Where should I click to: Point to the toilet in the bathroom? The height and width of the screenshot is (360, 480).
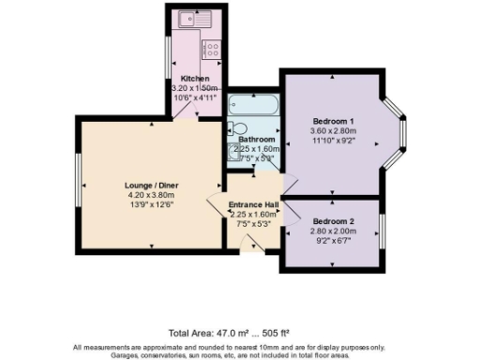click(x=236, y=128)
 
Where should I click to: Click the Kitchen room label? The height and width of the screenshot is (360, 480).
click(x=194, y=78)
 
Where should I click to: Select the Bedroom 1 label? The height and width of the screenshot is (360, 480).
click(x=332, y=121)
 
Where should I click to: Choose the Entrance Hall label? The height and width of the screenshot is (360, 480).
click(x=255, y=204)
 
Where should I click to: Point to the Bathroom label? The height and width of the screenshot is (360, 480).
click(x=256, y=139)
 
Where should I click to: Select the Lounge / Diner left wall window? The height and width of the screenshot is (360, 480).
click(x=78, y=181)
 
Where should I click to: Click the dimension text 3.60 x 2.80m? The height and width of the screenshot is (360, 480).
click(x=332, y=131)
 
